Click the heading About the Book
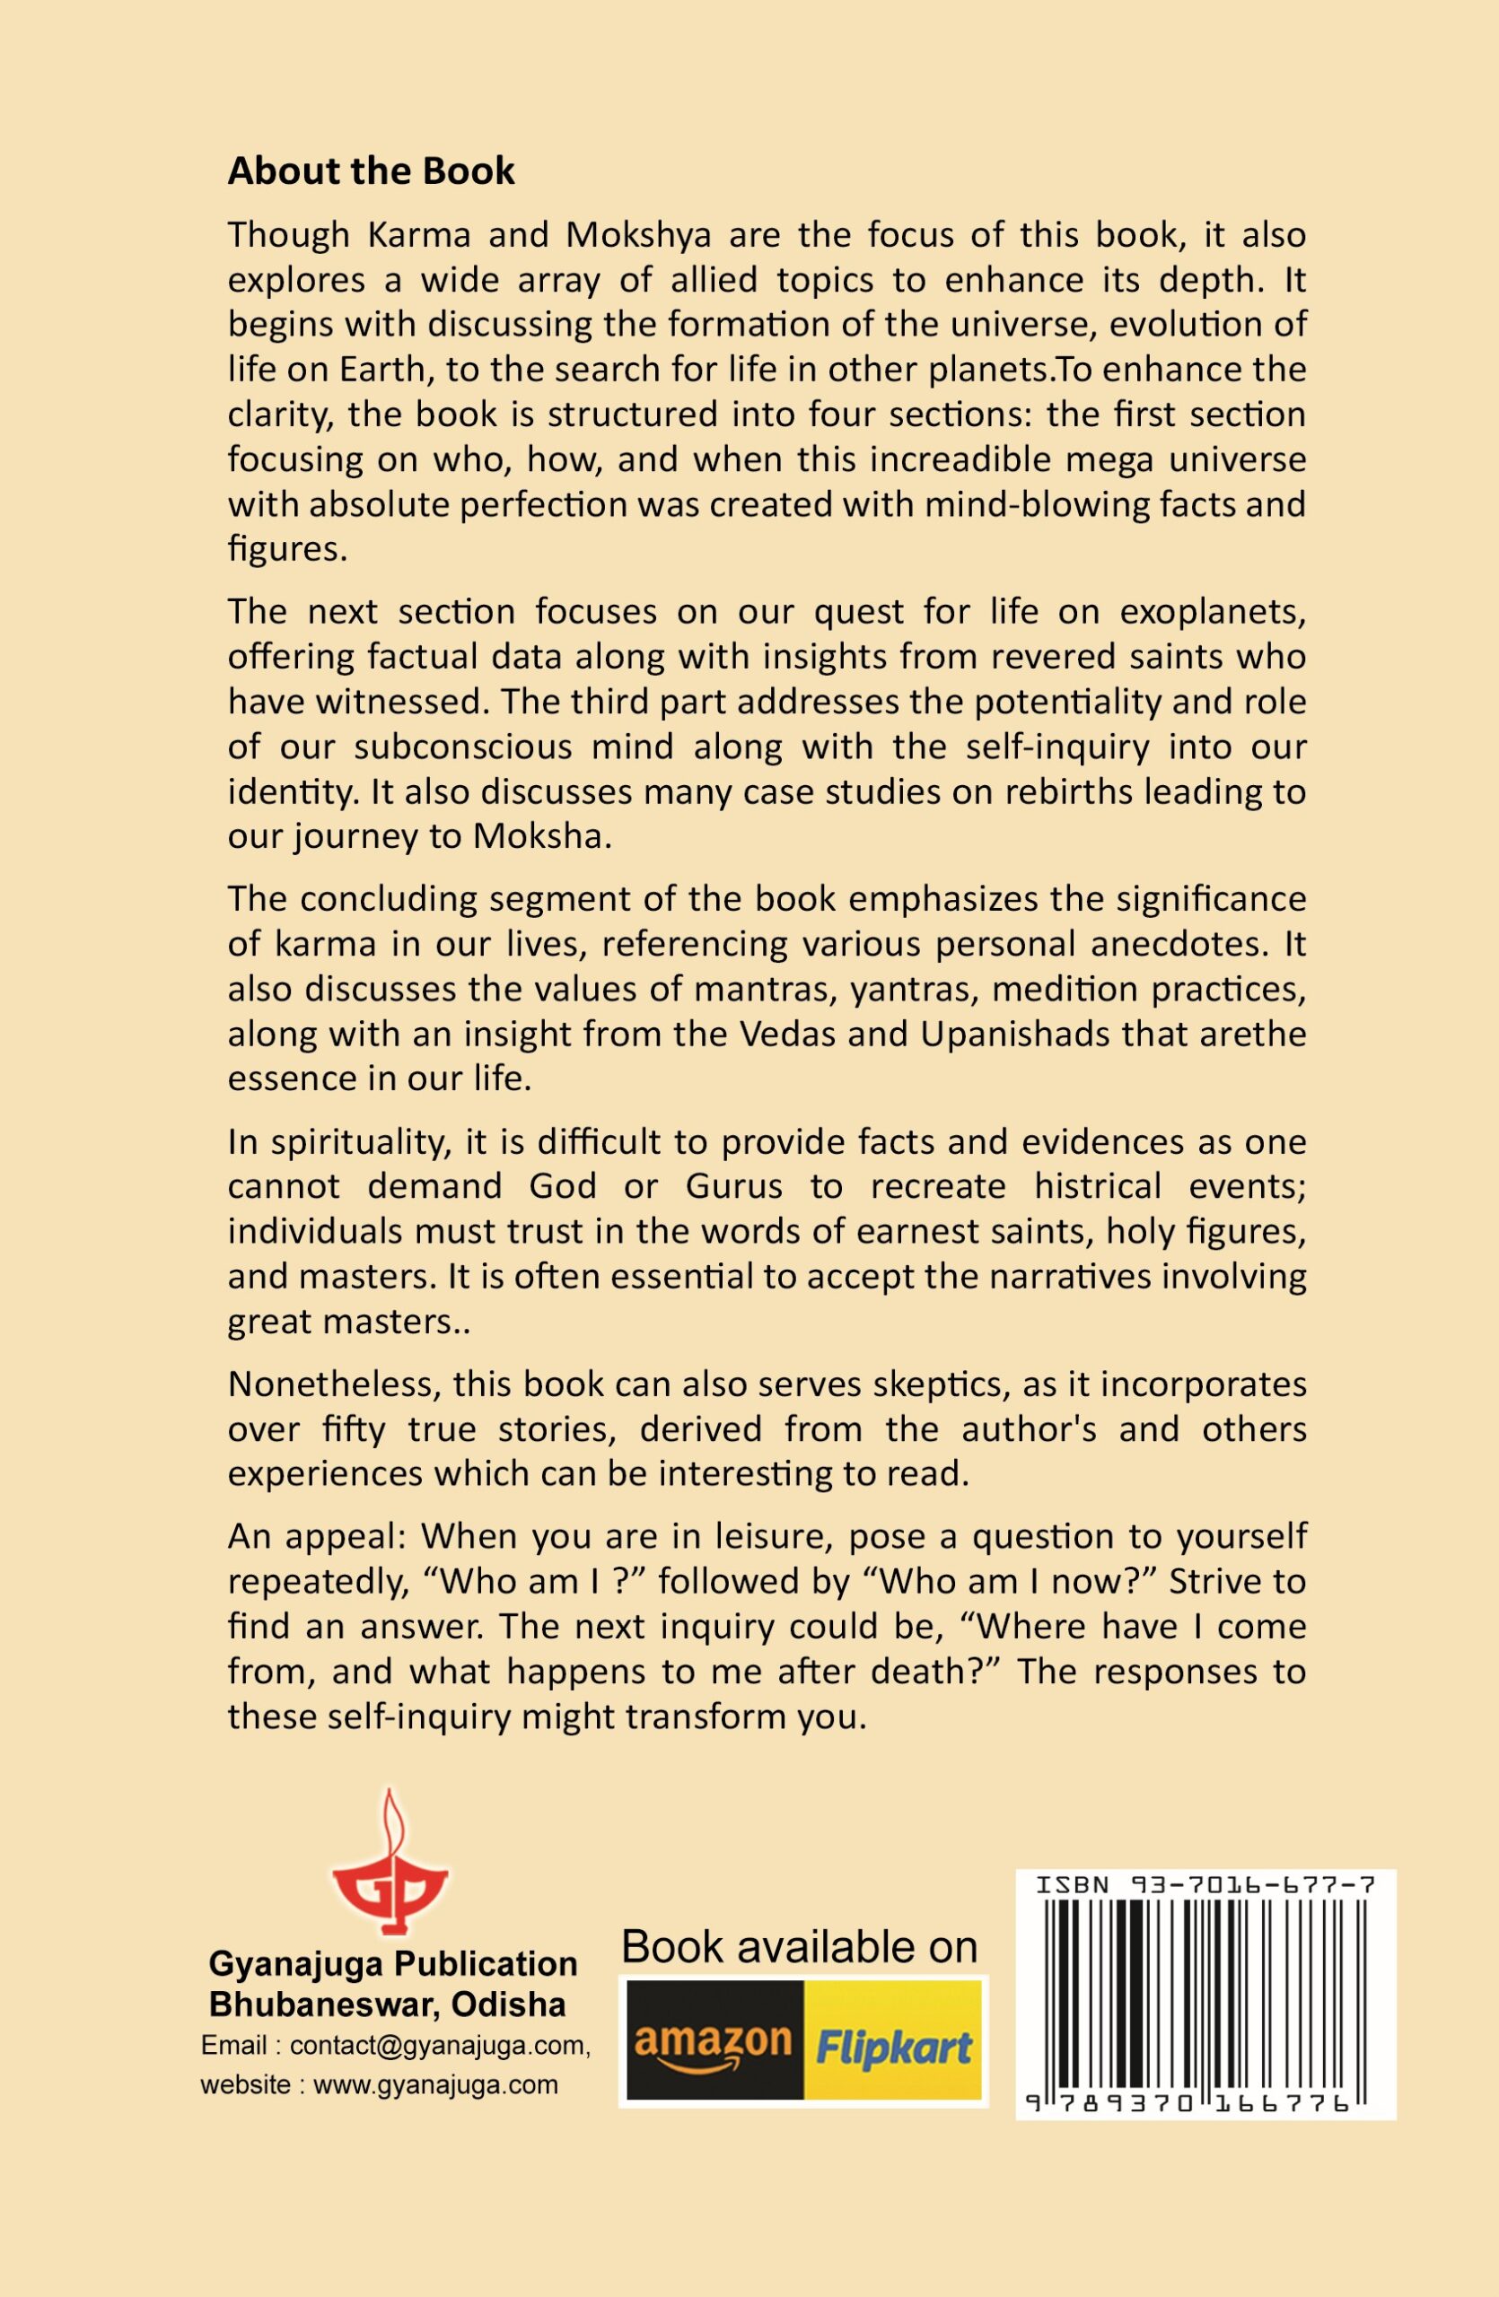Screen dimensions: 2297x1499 click(x=371, y=171)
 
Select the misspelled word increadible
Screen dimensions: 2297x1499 click(x=965, y=459)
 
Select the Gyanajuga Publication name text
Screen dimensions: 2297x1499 click(x=393, y=1964)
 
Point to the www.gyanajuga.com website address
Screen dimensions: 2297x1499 click(x=435, y=2084)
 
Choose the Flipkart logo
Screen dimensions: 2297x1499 click(x=894, y=2047)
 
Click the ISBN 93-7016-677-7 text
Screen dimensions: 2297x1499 click(x=1205, y=1884)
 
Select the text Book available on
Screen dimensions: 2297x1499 click(x=799, y=1947)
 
